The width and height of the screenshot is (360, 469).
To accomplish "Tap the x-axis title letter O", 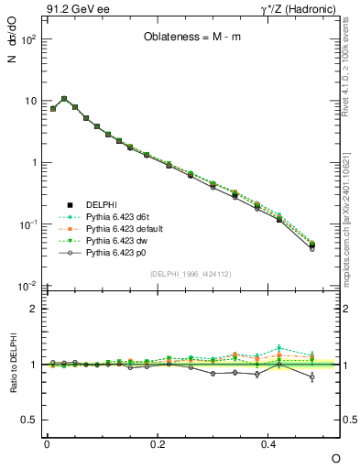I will [x=335, y=456].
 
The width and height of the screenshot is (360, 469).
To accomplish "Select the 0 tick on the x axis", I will [x=47, y=444].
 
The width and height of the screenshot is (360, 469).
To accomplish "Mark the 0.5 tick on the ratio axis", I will [x=30, y=420].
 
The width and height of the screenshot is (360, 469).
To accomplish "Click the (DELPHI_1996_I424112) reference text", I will [x=190, y=273].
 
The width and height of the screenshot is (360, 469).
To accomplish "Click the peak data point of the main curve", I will [x=63, y=98].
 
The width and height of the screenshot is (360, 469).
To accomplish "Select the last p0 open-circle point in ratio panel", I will [x=312, y=376].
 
